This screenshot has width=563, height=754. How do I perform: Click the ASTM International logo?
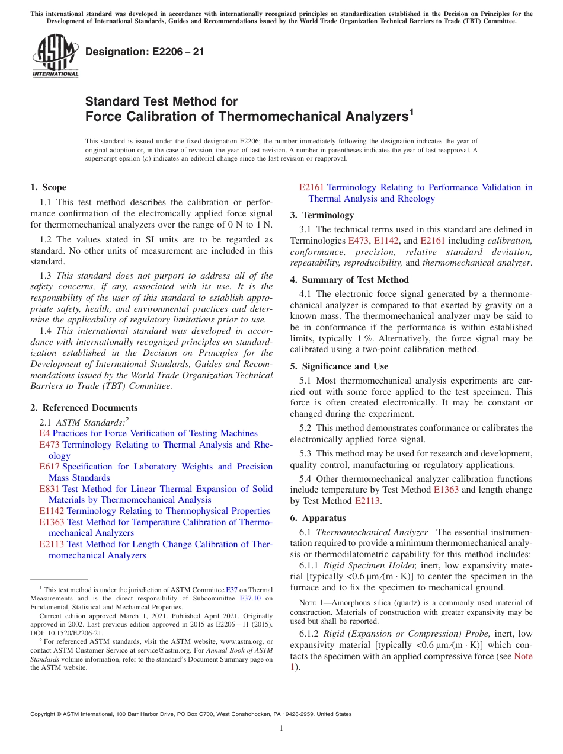point(55,56)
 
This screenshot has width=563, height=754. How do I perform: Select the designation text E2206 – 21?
point(145,52)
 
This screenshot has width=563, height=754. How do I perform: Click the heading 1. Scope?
point(49,187)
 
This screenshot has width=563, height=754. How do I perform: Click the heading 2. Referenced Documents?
point(84,408)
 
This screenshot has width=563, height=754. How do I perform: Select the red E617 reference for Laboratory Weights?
point(49,467)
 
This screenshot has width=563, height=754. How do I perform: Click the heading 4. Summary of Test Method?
point(349,280)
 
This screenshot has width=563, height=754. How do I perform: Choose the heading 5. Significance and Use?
point(339,366)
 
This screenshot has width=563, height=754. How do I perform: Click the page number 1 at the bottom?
point(281,729)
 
